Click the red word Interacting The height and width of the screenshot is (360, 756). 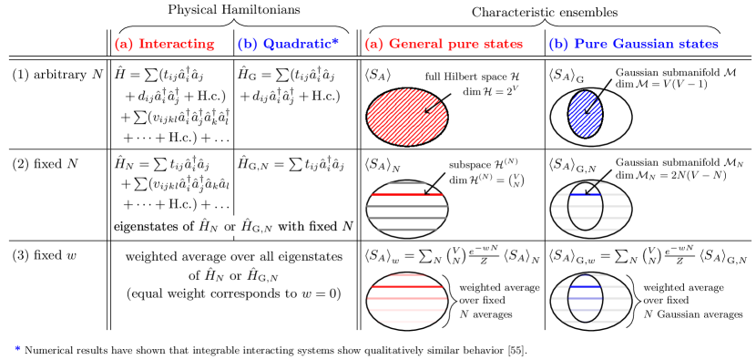(177, 44)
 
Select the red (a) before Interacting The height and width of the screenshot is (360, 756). (124, 44)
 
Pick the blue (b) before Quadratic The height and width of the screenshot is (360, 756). (247, 44)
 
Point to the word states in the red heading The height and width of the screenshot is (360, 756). (503, 44)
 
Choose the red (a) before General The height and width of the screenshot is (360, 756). (373, 44)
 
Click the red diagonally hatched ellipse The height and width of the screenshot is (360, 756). (407, 117)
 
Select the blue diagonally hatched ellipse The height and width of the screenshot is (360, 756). (585, 114)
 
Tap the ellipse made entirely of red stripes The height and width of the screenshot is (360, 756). (407, 298)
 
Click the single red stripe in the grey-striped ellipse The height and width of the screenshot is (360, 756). (401, 194)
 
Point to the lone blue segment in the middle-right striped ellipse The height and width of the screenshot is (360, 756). (585, 194)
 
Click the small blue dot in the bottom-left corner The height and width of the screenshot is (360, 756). (17, 347)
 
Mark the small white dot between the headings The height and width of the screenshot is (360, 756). (538, 45)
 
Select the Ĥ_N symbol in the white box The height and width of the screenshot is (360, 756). (209, 226)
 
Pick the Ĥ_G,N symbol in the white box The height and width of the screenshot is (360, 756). (256, 226)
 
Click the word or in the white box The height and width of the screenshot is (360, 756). (230, 226)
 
